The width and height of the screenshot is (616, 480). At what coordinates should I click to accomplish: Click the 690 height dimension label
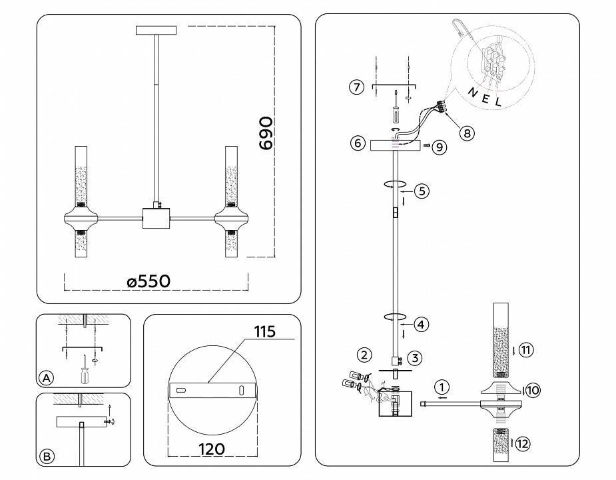[265, 133]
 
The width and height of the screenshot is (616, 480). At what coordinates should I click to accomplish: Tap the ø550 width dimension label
[149, 281]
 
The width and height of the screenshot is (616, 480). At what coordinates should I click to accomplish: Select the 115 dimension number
[264, 331]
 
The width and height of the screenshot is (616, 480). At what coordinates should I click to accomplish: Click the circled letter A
[46, 378]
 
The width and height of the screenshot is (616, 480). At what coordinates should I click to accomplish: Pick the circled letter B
[46, 457]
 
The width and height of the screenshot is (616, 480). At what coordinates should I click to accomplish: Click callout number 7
[357, 87]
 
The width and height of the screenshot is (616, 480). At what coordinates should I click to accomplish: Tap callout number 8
[467, 133]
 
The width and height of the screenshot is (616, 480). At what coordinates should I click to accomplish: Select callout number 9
[439, 147]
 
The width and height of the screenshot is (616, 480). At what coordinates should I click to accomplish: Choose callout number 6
[357, 143]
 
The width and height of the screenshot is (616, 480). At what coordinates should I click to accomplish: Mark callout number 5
[421, 191]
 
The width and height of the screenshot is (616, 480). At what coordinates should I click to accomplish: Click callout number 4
[421, 325]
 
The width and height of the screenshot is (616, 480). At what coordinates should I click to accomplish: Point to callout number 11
[526, 350]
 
